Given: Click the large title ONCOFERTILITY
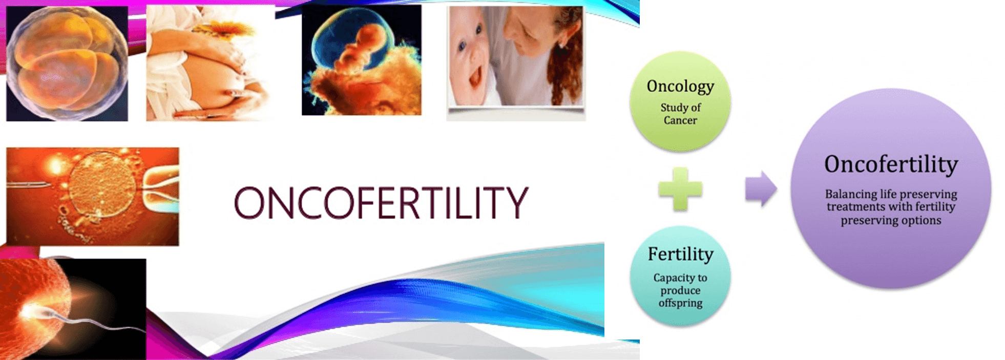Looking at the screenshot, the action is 381,203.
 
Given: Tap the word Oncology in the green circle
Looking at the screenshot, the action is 680,87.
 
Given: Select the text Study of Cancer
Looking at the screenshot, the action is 680,114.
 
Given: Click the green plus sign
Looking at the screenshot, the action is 680,189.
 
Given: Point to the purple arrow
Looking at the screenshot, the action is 761,188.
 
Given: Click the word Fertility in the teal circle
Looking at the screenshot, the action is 680,254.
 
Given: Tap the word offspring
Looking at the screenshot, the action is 680,303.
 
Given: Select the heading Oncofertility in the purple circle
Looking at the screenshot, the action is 891,165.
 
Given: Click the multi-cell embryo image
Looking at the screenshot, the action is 67,63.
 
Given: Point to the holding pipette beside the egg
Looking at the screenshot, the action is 161,192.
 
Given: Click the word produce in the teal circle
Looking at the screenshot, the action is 680,290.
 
